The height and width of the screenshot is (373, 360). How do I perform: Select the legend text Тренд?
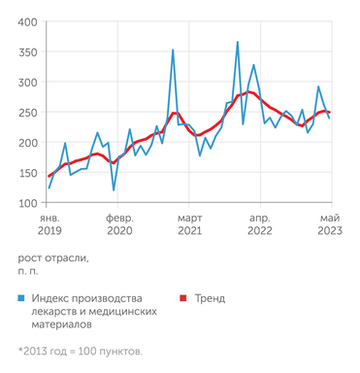tap(211, 297)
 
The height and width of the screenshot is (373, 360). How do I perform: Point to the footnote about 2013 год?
tap(80, 351)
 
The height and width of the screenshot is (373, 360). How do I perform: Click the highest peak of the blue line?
tap(238, 42)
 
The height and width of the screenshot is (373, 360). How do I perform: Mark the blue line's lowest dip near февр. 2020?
tap(114, 189)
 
